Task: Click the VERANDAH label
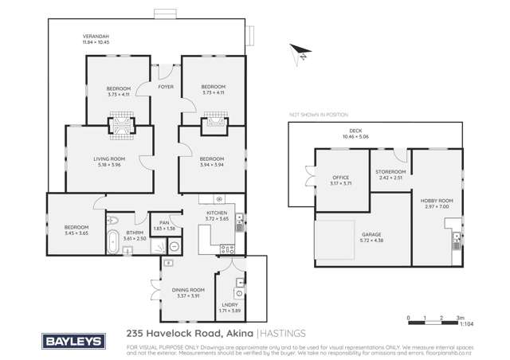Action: point(96,36)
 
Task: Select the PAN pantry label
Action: point(165,223)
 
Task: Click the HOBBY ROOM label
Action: point(437,201)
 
